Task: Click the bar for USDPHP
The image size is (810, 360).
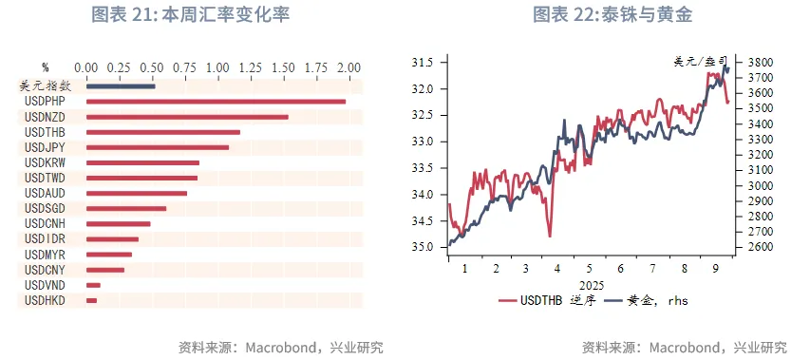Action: click(216, 102)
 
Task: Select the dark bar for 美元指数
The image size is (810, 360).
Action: click(121, 86)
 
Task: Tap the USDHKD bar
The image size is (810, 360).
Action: click(91, 300)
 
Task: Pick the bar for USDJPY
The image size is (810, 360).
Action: click(158, 147)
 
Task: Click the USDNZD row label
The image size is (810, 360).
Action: click(44, 117)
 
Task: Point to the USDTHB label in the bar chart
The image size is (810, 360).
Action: click(44, 132)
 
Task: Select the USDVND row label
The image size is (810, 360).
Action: click(44, 285)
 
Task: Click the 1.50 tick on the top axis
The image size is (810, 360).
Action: click(283, 68)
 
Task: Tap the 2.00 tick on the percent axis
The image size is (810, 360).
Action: click(348, 68)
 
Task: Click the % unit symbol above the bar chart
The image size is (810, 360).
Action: click(45, 68)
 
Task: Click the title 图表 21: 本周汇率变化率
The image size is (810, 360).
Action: click(190, 15)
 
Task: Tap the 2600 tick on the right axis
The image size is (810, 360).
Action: click(760, 247)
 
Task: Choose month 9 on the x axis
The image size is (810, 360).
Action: click(713, 269)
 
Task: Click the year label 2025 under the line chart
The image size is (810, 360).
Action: click(590, 283)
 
